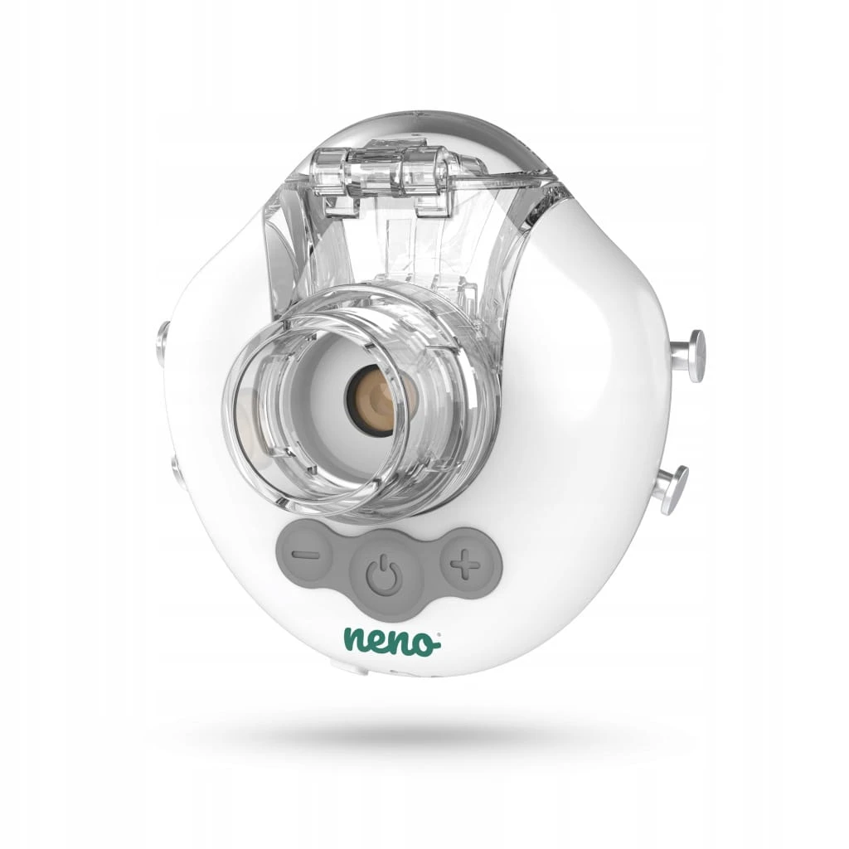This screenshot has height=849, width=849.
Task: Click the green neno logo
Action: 392,641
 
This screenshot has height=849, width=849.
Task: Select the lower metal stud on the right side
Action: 674,491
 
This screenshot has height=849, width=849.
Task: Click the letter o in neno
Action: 424,643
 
